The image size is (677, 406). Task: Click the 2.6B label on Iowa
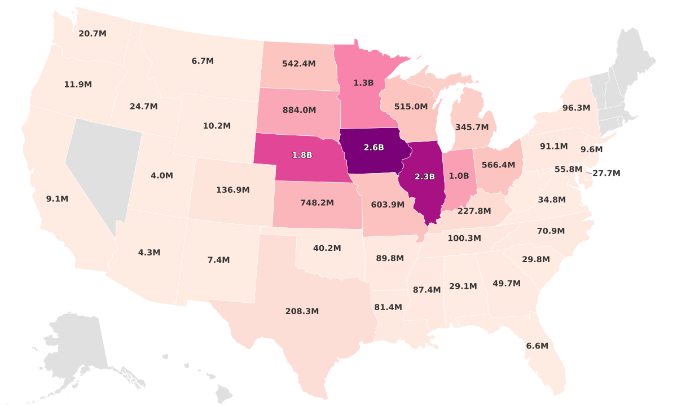point(373,147)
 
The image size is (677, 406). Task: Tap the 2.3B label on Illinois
point(424,176)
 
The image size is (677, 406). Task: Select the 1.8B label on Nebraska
point(302,155)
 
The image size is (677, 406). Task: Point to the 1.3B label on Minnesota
point(363,83)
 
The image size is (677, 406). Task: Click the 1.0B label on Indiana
point(459,175)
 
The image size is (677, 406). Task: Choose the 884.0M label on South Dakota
point(298,110)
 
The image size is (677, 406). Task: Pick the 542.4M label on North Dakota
point(298,64)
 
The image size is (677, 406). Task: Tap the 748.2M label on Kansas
point(316,202)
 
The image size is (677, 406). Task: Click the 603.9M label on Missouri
point(388,205)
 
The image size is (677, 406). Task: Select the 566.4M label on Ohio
point(498,165)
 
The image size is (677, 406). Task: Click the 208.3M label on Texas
point(302,311)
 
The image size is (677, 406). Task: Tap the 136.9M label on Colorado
point(232,190)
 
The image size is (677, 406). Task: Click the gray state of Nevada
point(104,169)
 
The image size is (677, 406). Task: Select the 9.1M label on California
point(57,199)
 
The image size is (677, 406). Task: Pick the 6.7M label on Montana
point(203,61)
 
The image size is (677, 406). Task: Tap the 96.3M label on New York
point(576,108)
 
